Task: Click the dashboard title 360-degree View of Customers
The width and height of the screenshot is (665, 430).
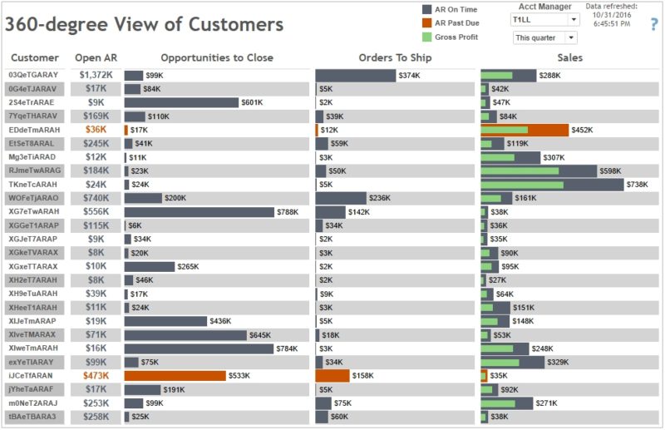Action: coord(144,24)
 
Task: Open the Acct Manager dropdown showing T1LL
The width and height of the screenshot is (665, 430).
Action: coord(544,19)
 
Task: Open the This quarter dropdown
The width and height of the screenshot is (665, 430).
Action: coord(544,37)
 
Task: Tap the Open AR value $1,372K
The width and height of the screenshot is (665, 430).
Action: coord(96,75)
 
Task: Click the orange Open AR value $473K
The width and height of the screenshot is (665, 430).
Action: coord(96,375)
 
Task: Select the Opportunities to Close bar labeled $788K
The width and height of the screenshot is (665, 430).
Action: coord(199,212)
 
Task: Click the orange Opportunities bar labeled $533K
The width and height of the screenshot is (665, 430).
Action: coord(175,375)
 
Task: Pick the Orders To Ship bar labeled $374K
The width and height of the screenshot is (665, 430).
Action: coord(356,75)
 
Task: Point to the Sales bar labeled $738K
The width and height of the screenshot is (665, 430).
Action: coord(552,185)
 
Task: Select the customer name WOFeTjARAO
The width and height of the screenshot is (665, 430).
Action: coord(33,198)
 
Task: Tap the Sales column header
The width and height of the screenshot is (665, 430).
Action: coord(570,58)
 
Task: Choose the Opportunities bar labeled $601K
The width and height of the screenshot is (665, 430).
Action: coord(181,102)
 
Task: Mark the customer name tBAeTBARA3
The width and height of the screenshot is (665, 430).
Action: coord(33,417)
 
